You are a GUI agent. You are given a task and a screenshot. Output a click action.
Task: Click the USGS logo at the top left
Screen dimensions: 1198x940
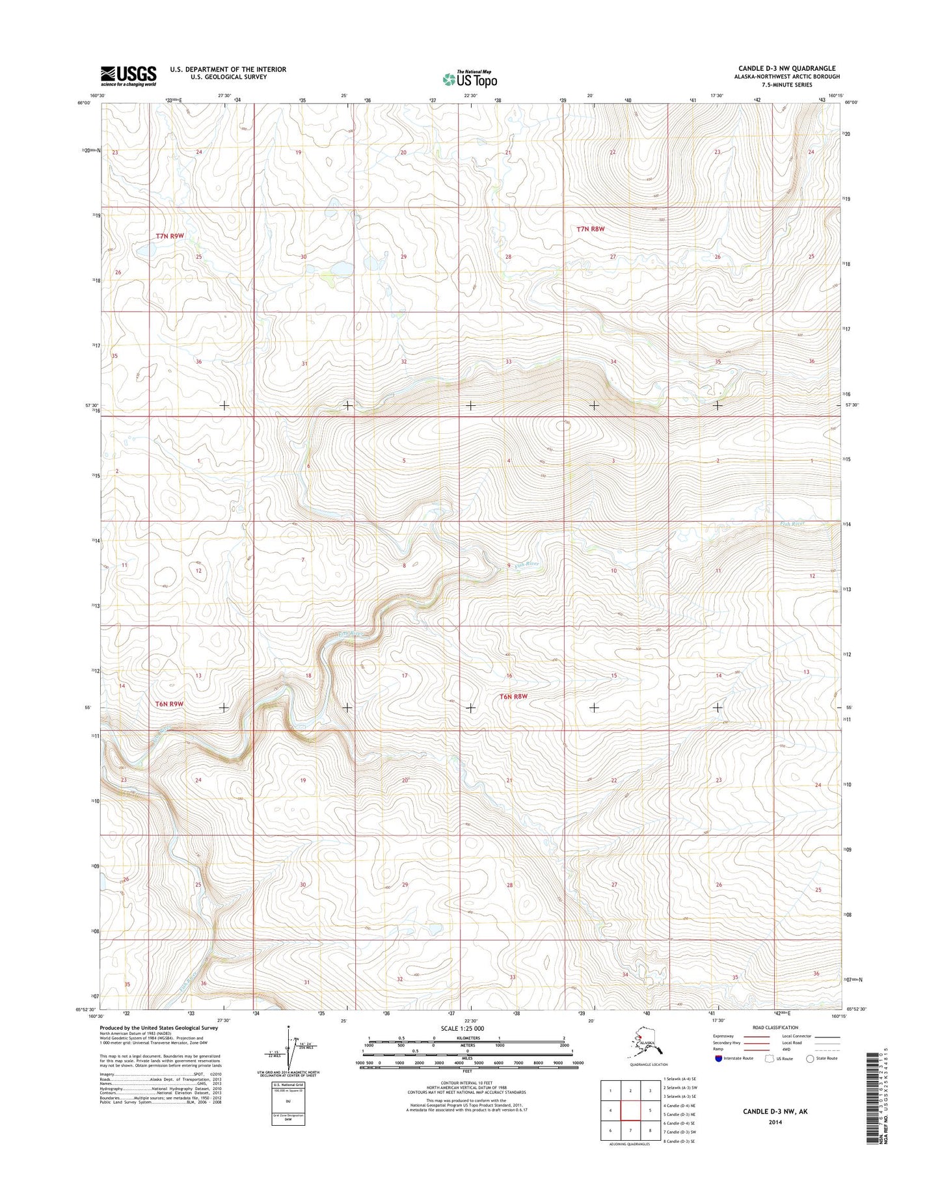pyautogui.click(x=128, y=75)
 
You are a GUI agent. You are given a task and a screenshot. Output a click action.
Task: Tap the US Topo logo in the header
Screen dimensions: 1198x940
pyautogui.click(x=470, y=79)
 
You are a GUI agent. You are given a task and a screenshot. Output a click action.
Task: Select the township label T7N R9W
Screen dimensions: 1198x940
pyautogui.click(x=169, y=236)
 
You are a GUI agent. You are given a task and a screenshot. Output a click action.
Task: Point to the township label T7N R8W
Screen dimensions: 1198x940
pyautogui.click(x=591, y=229)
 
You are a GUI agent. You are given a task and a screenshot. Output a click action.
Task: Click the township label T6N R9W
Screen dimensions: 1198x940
pyautogui.click(x=169, y=704)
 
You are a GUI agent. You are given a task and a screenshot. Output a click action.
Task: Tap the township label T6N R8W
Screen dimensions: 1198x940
pyautogui.click(x=513, y=697)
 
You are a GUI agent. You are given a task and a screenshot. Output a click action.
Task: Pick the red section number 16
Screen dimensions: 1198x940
pyautogui.click(x=509, y=676)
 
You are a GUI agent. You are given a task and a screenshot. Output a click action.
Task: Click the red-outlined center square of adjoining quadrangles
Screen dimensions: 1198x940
pyautogui.click(x=630, y=1110)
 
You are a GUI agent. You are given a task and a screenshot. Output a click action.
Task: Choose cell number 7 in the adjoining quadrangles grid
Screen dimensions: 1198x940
pyautogui.click(x=630, y=1130)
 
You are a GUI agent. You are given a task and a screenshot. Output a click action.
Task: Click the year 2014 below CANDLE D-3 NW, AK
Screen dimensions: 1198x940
pyautogui.click(x=775, y=1122)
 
